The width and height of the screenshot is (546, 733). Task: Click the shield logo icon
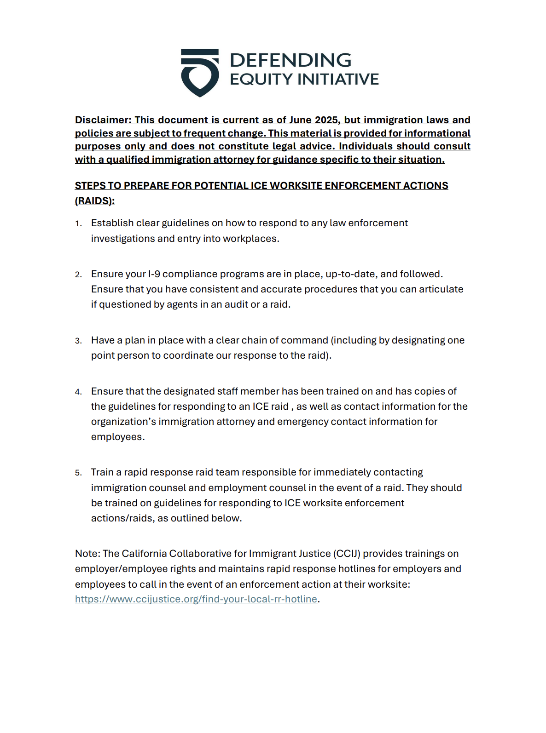coord(199,73)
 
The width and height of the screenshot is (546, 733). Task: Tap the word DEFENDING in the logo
coord(290,60)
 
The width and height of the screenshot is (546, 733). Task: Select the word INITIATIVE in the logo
coord(338,79)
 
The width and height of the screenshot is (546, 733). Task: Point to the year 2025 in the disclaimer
coord(326,120)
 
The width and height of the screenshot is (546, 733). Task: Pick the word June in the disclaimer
coord(300,120)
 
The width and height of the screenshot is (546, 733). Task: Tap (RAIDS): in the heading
coord(95,201)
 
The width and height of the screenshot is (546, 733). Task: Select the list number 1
coord(78,224)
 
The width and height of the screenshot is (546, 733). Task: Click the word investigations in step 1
coord(123,239)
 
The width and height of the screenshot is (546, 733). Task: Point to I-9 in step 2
coord(154,274)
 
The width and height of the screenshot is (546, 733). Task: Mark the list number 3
coord(78,341)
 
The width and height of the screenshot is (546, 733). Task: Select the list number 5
coord(78,473)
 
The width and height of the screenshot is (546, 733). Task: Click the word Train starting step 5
coord(102,472)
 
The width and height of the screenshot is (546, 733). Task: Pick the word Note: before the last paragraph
coord(87,554)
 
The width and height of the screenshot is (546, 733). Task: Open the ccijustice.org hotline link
coord(196,599)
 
